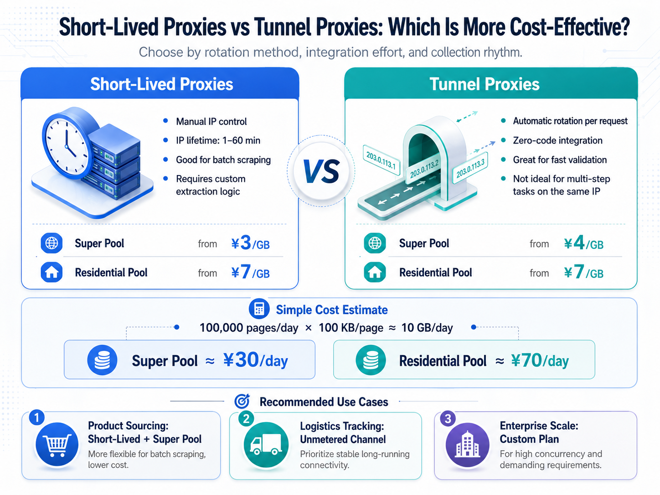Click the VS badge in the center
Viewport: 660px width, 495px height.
321,171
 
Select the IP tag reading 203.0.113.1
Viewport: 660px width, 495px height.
381,160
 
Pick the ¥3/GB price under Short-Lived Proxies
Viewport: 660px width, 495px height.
250,243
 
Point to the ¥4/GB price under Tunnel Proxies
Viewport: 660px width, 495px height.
583,243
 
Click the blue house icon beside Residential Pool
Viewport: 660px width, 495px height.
52,272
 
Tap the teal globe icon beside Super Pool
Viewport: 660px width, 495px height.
375,243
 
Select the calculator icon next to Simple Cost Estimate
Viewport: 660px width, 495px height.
259,309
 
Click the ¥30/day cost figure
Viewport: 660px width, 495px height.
256,360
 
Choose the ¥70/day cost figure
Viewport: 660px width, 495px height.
540,360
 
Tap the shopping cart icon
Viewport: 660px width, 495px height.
57,444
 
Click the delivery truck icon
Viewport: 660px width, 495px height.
266,445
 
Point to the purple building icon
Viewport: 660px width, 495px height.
467,445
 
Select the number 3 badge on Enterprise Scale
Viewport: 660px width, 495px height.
448,419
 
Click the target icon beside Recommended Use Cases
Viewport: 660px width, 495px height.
242,401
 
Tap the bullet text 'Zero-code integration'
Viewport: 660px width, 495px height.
557,140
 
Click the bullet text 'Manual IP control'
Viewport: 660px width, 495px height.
211,121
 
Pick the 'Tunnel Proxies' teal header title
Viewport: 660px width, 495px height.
485,84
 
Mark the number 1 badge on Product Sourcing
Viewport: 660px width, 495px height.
36,418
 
